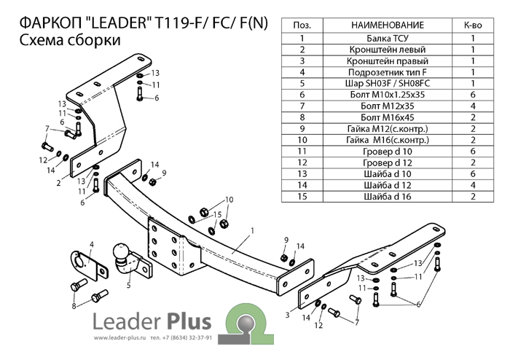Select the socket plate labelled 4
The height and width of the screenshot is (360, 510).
pyautogui.click(x=88, y=265)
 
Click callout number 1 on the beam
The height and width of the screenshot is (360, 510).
pyautogui.click(x=252, y=230)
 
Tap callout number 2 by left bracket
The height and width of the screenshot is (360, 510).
pyautogui.click(x=58, y=183)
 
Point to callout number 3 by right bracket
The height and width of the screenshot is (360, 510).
pyautogui.click(x=288, y=315)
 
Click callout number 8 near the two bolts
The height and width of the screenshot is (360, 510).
pyautogui.click(x=74, y=306)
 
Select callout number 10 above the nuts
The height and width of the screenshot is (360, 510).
pyautogui.click(x=229, y=200)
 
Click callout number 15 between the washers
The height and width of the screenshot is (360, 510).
pyautogui.click(x=218, y=215)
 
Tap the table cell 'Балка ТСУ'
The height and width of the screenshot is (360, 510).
pyautogui.click(x=388, y=39)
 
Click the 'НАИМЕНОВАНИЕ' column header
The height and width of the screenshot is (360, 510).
pyautogui.click(x=388, y=25)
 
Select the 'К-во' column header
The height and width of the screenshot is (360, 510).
pyautogui.click(x=473, y=25)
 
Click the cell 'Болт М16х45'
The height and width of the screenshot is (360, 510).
pyautogui.click(x=388, y=117)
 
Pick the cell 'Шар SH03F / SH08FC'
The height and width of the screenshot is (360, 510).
pyautogui.click(x=388, y=84)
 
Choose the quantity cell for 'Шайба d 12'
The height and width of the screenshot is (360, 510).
pyautogui.click(x=473, y=185)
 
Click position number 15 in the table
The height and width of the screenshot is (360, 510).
pyautogui.click(x=302, y=197)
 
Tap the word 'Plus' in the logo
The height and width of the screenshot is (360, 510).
pyautogui.click(x=189, y=321)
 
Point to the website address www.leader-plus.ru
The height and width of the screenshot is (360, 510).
pyautogui.click(x=119, y=338)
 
